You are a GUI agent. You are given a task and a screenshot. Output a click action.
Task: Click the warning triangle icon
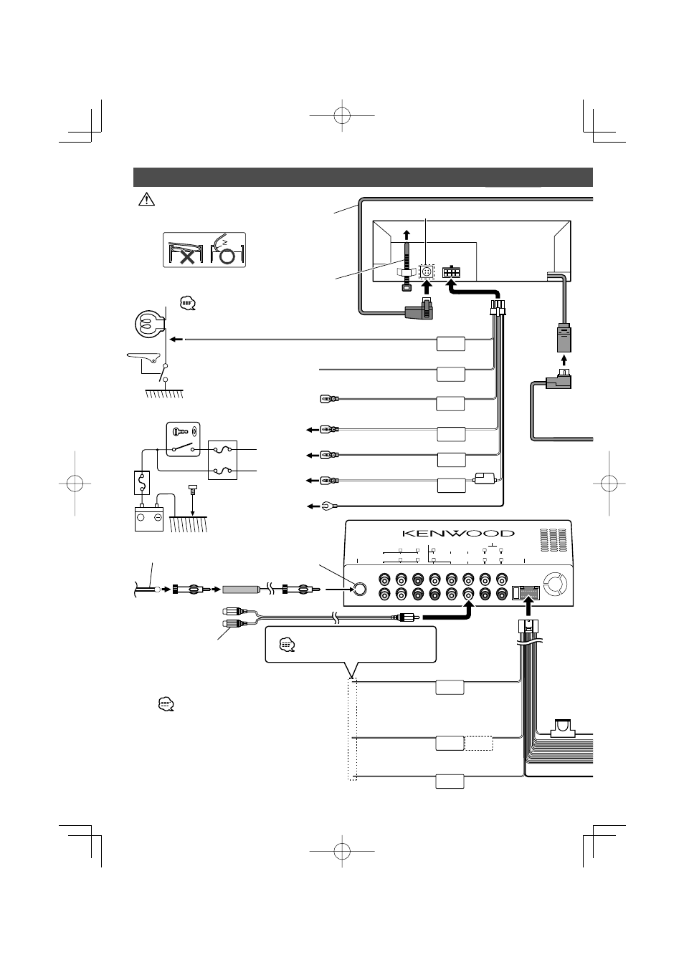pyautogui.click(x=146, y=199)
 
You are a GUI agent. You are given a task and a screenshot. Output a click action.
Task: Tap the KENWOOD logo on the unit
pyautogui.click(x=458, y=533)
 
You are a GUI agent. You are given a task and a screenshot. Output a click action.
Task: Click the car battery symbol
pyautogui.click(x=149, y=517)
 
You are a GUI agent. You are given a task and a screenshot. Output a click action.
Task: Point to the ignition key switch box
pyautogui.click(x=184, y=440)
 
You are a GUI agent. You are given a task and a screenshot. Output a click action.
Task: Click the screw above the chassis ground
pyautogui.click(x=192, y=489)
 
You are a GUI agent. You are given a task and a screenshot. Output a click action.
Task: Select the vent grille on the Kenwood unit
pyautogui.click(x=553, y=539)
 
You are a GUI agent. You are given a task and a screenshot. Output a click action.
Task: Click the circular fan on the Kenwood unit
pyautogui.click(x=555, y=583)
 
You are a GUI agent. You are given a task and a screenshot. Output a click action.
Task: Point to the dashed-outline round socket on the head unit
pyautogui.click(x=427, y=272)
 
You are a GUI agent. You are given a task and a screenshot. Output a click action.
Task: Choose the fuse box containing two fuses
pyautogui.click(x=222, y=460)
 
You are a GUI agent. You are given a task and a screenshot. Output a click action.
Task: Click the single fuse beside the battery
pyautogui.click(x=142, y=483)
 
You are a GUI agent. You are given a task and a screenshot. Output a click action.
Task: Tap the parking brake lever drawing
pyautogui.click(x=143, y=357)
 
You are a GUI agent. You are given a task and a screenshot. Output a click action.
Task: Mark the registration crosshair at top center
pyautogui.click(x=342, y=115)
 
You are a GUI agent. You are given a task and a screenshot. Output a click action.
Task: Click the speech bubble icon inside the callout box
pyautogui.click(x=288, y=645)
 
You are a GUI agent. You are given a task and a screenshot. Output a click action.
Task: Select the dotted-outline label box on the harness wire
pyautogui.click(x=478, y=744)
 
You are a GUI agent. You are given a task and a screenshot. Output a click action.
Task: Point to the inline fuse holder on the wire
pyautogui.click(x=485, y=478)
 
